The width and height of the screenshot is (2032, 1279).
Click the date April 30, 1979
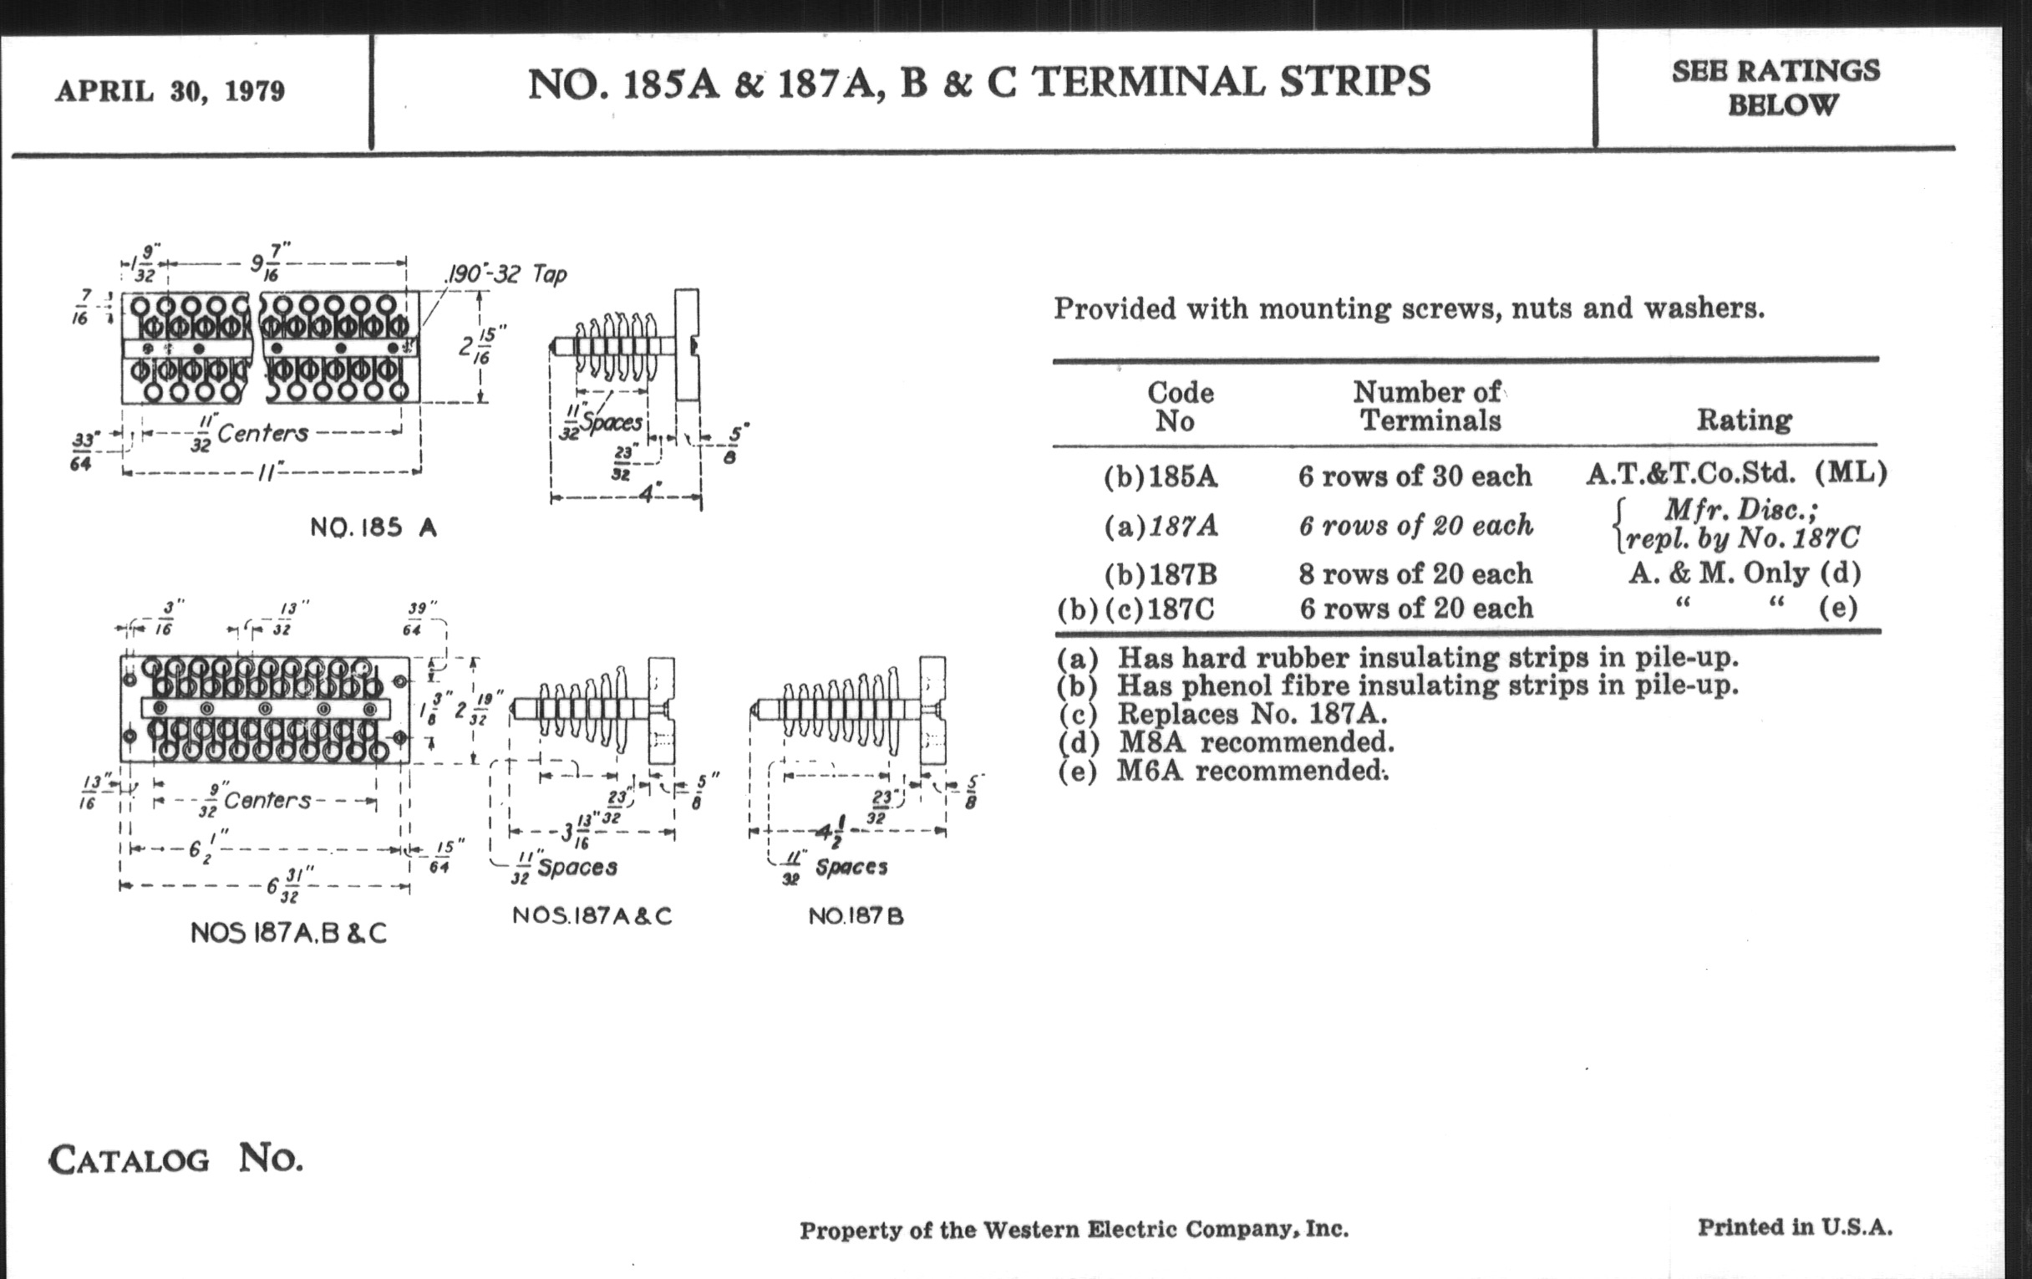pos(170,90)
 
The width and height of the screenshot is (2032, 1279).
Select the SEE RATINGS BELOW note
pos(1776,87)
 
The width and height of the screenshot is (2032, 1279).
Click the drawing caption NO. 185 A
pos(373,527)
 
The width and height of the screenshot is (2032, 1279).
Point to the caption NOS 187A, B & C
pos(288,932)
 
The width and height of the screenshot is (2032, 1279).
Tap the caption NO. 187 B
pos(856,916)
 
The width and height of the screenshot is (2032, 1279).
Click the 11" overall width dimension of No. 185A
pos(267,473)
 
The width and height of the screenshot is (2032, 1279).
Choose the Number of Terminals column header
pos(1428,405)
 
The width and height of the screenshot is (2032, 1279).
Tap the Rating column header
pos(1745,420)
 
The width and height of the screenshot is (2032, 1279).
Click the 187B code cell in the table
pos(1161,574)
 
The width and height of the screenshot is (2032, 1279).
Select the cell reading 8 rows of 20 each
pos(1415,573)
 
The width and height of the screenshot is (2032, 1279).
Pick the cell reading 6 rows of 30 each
pos(1415,476)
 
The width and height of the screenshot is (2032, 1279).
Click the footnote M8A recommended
pos(1225,743)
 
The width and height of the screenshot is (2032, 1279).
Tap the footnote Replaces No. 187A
pos(1222,714)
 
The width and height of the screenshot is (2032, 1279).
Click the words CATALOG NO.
pos(175,1159)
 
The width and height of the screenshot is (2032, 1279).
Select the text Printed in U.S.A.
pos(1795,1226)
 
